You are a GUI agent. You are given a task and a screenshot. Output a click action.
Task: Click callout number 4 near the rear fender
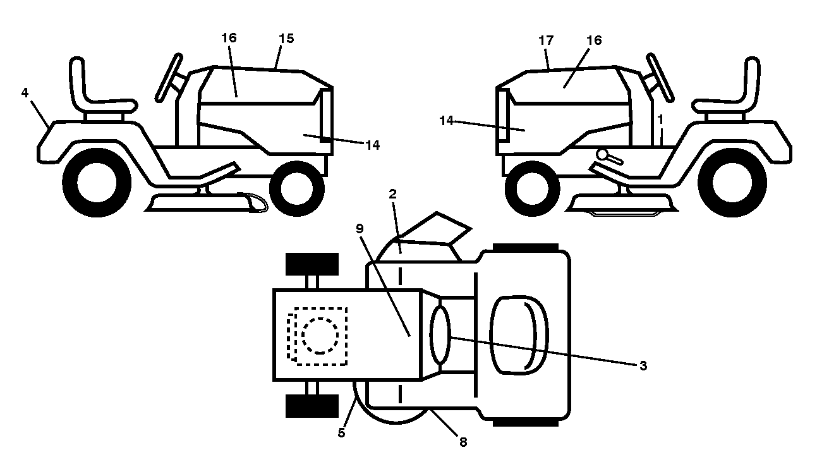[x=25, y=93]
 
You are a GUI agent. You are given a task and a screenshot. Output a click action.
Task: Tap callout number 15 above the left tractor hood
[x=286, y=39]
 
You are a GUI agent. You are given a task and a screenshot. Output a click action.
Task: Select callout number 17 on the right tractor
[x=546, y=40]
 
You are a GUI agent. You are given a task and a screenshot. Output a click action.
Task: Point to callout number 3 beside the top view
[x=643, y=366]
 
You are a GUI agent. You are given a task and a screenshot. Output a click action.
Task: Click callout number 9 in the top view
[x=360, y=229]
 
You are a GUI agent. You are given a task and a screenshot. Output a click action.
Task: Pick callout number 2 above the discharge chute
[x=392, y=193]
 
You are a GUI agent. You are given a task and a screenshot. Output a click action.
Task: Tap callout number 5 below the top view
[x=341, y=433]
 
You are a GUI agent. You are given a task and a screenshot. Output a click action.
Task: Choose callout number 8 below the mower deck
[x=463, y=442]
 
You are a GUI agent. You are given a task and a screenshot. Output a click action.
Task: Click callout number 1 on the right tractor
[x=660, y=119]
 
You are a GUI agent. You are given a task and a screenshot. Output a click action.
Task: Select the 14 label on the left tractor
[x=372, y=145]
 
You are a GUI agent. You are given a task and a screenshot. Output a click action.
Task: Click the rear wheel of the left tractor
[x=97, y=183]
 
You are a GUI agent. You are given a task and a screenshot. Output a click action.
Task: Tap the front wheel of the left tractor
[x=297, y=188]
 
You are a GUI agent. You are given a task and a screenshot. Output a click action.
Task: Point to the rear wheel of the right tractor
[x=732, y=183]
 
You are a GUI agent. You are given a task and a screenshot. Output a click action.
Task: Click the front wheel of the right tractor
[x=532, y=188]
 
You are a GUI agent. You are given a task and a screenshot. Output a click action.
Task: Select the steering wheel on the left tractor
[x=169, y=77]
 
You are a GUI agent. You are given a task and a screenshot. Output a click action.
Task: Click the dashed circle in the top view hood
[x=320, y=336]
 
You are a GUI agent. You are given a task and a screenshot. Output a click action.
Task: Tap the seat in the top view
[x=519, y=336]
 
